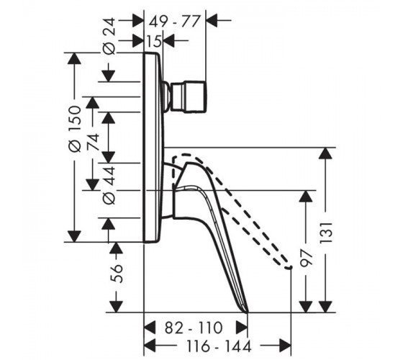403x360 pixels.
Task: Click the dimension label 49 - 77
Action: click(x=174, y=21)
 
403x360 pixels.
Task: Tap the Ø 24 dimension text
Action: click(x=109, y=37)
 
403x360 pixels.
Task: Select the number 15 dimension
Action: click(x=154, y=40)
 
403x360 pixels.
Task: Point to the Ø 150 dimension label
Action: click(x=75, y=129)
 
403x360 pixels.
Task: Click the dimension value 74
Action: click(x=93, y=142)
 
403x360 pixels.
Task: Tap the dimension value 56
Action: click(x=117, y=274)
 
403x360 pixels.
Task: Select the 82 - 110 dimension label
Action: click(x=194, y=328)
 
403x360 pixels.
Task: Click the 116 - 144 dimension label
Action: click(x=219, y=346)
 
